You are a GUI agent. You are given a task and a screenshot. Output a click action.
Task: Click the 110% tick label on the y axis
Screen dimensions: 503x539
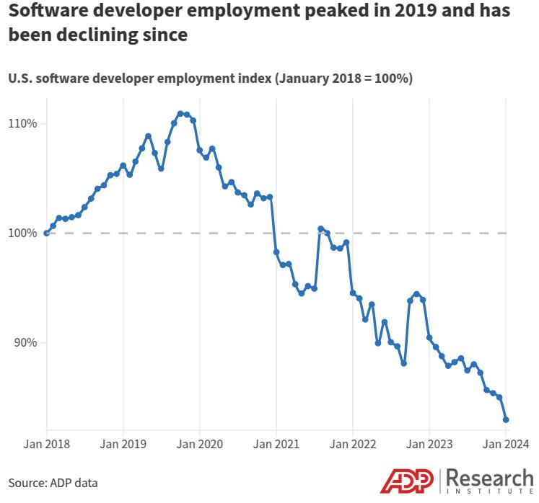22,123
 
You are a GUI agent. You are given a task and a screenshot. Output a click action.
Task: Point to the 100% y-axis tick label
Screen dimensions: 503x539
22,233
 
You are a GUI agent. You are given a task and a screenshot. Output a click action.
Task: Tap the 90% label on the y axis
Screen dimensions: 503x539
25,342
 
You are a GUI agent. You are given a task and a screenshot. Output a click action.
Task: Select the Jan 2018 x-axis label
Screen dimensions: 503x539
47,444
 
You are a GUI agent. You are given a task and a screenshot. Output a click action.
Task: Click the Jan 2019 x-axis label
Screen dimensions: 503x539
123,444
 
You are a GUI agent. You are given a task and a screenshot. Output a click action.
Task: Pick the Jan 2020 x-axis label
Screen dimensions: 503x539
199,444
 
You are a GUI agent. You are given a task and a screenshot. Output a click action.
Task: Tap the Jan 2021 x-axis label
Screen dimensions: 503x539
276,444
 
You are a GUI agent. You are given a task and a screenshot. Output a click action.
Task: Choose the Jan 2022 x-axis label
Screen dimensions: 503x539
352,444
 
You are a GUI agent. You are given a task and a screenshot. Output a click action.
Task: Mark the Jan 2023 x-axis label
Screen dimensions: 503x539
429,444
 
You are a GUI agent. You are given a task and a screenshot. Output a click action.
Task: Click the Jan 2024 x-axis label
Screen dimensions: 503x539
506,444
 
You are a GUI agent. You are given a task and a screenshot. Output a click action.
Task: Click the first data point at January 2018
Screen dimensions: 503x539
47,233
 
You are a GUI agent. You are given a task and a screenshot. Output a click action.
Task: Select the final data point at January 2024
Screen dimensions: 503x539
507,419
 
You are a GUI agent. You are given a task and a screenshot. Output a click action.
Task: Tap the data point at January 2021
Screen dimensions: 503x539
276,252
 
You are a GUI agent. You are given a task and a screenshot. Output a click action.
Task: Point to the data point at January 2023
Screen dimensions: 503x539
429,337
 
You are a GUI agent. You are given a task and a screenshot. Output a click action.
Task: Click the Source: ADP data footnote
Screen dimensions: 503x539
53,483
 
